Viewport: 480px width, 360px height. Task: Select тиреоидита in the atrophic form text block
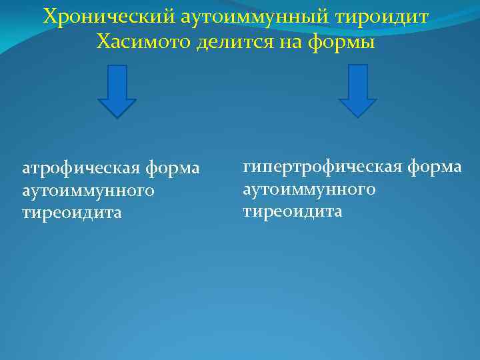(72, 213)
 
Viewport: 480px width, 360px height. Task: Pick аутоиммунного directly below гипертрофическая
(309, 189)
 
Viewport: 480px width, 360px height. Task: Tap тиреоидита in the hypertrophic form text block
(292, 211)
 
